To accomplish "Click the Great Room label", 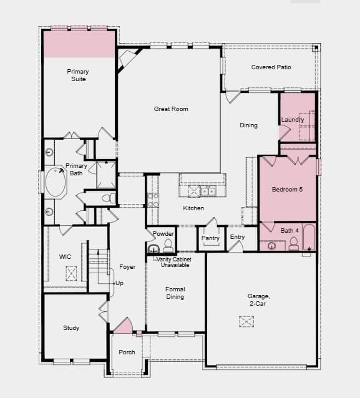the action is click(171, 109).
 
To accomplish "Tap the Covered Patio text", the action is click(271, 67).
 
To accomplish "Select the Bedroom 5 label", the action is click(287, 190).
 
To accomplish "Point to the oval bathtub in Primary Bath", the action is click(56, 182).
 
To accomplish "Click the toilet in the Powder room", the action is click(168, 246).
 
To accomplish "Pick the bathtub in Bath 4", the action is click(309, 237).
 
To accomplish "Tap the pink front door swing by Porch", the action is click(124, 325).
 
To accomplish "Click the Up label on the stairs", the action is click(119, 283).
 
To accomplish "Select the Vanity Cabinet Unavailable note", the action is click(174, 262).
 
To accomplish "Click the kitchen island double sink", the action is click(208, 191).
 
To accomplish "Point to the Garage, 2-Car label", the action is click(258, 300).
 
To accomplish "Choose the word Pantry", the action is click(210, 238).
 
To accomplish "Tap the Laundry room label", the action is click(293, 120).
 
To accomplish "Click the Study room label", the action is click(71, 328).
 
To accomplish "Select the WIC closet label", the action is click(65, 256).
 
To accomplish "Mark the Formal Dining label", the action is click(175, 293).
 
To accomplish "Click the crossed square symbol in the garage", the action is click(246, 321).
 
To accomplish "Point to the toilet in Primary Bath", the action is click(109, 198).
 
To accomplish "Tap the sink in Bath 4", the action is click(272, 246).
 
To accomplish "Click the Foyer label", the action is click(127, 267).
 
